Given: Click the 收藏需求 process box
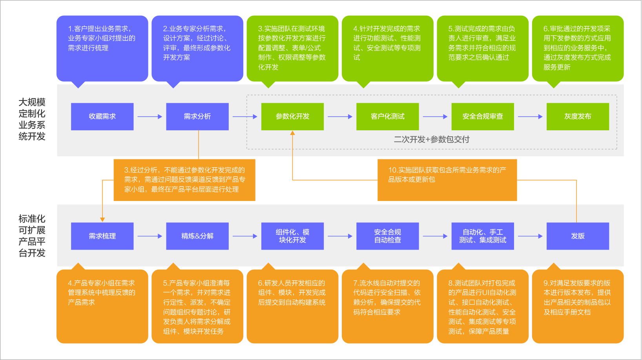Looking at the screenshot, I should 102,117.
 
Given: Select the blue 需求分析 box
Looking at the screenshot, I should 197,117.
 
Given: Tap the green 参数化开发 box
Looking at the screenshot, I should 292,117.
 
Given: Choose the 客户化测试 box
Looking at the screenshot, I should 387,117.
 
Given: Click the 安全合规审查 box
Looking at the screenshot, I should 482,117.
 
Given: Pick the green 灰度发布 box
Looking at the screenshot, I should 578,117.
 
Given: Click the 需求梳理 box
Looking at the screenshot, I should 102,236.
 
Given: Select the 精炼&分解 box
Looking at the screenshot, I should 197,236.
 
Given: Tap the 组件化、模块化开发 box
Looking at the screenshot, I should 292,236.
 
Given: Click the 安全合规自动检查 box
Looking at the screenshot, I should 387,236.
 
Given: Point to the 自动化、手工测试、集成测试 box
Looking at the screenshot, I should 482,236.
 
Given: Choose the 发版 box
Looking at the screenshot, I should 578,236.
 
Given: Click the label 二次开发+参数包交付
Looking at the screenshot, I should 431,139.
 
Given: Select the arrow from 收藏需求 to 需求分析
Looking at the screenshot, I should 150,117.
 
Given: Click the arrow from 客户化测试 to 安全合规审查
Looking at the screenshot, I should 435,117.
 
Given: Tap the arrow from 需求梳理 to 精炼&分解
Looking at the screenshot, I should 150,236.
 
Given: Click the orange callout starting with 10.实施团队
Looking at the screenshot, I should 447,180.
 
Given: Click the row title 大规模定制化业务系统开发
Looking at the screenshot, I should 32,119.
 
